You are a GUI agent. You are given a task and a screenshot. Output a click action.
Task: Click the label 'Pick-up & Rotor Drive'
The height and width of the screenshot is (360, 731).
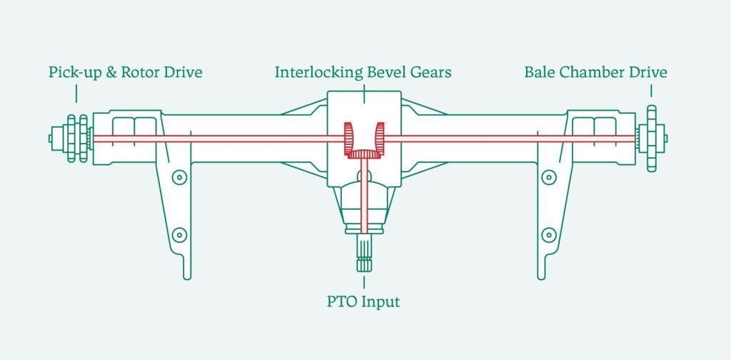coord(126,73)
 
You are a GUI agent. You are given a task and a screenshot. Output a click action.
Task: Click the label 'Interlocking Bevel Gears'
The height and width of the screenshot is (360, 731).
coord(363,73)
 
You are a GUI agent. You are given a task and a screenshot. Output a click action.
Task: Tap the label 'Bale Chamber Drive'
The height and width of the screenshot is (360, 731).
coord(596,72)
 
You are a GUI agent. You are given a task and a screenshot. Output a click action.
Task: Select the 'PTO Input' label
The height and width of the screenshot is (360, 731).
coord(363,301)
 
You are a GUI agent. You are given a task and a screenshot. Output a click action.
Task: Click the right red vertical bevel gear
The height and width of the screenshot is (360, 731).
coord(380,139)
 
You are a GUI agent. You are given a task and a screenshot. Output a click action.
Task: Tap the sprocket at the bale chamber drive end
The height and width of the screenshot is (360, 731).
coord(651,139)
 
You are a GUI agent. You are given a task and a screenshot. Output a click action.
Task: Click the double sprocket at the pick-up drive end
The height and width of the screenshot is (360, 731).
coord(77,139)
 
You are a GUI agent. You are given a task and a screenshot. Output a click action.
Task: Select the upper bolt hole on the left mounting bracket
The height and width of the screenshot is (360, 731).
coord(179,177)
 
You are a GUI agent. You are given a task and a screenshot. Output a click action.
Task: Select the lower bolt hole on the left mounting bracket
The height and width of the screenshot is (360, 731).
coord(179,235)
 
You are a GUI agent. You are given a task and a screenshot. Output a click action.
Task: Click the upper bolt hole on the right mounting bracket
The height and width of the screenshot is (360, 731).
coord(549,177)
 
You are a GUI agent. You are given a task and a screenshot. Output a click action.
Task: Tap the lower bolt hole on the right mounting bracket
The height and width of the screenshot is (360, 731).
coord(549,235)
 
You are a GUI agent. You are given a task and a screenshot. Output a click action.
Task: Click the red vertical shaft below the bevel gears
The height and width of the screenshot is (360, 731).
coord(364,196)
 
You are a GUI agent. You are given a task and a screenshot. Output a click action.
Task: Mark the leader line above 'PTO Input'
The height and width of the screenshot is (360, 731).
coord(363,282)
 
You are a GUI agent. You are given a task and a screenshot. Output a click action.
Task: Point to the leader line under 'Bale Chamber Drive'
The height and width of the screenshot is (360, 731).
coord(651,91)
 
